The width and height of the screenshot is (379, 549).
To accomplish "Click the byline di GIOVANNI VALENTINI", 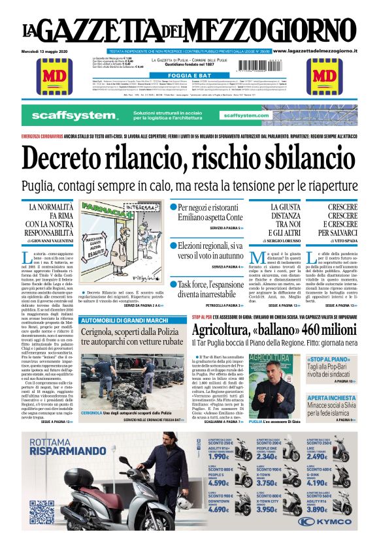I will coord(50,241).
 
